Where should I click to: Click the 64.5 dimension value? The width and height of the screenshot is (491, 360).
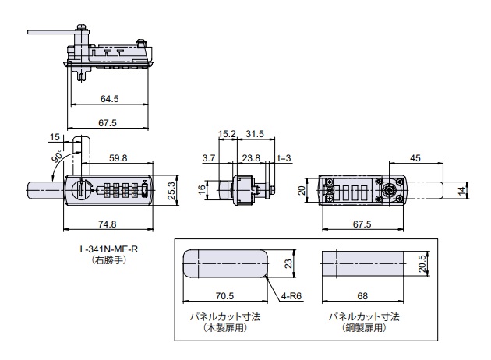[109, 99]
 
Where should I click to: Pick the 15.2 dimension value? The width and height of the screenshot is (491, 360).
[227, 133]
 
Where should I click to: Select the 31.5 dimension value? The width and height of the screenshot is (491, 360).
[255, 133]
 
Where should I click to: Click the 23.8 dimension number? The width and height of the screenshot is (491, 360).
[250, 157]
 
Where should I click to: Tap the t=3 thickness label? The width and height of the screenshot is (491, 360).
[284, 157]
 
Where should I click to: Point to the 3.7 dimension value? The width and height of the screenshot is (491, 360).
[208, 157]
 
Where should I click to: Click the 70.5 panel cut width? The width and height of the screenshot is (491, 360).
[224, 297]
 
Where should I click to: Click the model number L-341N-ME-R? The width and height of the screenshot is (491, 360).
[108, 249]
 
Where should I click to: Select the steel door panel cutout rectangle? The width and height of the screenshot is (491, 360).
[363, 263]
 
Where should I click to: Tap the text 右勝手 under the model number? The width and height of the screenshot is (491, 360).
[108, 259]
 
